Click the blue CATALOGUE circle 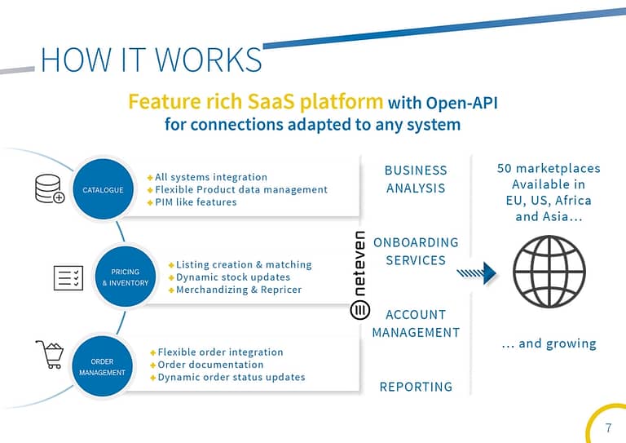[x=104, y=189]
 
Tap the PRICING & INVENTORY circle [x=126, y=277]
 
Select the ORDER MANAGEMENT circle [x=102, y=366]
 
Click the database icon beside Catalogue [x=50, y=188]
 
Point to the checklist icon [x=68, y=277]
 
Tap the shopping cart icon [x=50, y=354]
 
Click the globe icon [x=549, y=272]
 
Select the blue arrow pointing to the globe [x=477, y=273]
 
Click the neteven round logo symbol [x=360, y=310]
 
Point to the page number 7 [x=608, y=427]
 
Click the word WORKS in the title [x=208, y=60]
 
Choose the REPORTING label [x=416, y=387]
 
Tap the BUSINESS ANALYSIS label [x=416, y=179]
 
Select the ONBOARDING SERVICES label [x=416, y=251]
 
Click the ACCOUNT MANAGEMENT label [x=416, y=324]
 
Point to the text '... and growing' [x=549, y=343]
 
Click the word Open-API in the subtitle [x=462, y=103]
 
